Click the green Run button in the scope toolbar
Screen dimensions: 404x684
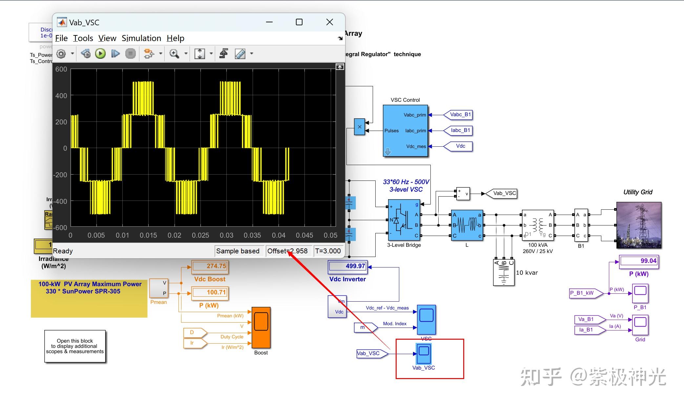(100, 53)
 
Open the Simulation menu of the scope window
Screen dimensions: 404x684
(141, 38)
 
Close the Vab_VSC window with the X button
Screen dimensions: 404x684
(329, 22)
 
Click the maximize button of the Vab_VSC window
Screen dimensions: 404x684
(299, 22)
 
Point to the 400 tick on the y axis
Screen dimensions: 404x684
(61, 96)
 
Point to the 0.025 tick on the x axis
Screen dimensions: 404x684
(200, 235)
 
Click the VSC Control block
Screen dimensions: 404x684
(405, 131)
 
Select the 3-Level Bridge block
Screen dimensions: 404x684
(404, 220)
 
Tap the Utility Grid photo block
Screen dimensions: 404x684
(639, 225)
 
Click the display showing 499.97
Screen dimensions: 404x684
(348, 266)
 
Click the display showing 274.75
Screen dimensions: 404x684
(210, 266)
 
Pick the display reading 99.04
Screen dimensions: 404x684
(639, 261)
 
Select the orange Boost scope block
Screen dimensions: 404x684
(261, 327)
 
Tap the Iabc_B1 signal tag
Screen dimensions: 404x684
(460, 130)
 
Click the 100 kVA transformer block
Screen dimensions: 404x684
(538, 225)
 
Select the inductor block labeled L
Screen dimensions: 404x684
(467, 225)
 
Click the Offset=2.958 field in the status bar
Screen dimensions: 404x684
(287, 251)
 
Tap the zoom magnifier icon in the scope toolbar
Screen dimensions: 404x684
(174, 53)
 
